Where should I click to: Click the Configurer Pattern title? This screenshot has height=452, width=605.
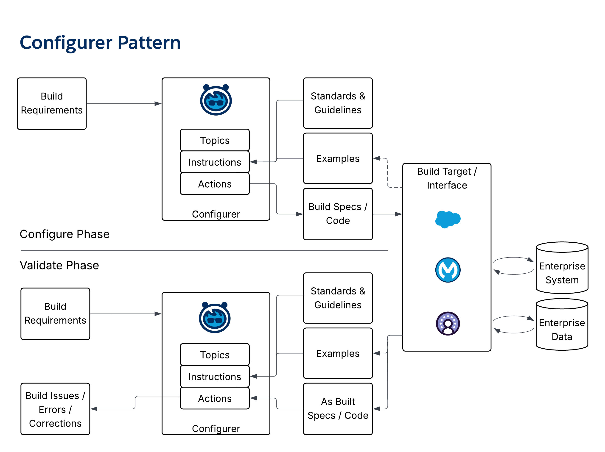coord(100,43)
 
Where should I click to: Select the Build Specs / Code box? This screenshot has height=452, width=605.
coord(338,214)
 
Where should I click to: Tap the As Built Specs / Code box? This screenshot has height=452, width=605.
coord(338,409)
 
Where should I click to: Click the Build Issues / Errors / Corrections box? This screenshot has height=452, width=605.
coord(55,409)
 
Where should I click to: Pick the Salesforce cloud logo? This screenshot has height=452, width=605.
coord(448,219)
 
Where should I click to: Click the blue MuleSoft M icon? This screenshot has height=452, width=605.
coord(448,270)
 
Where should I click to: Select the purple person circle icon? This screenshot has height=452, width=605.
coord(448,324)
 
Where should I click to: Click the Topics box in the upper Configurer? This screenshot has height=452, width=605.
coord(215,140)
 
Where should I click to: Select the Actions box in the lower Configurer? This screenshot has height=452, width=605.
coord(215,398)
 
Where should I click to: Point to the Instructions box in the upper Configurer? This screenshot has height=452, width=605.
coord(215,162)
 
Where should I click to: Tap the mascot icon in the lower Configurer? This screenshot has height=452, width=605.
coord(215,318)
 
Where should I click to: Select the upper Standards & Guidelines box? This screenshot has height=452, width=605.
coord(338,103)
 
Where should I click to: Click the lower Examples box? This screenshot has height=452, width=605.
coord(338,353)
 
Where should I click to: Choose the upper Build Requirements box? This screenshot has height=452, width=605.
coord(52,103)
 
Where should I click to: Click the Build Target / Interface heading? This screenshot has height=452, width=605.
coord(447,178)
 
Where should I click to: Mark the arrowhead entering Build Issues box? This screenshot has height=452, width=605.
coord(94,409)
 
